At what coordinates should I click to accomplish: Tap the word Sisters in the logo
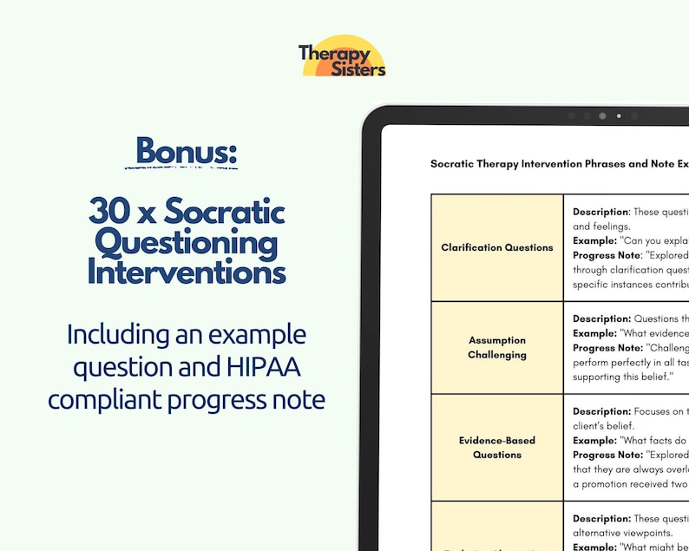(357, 69)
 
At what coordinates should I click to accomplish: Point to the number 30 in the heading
(108, 211)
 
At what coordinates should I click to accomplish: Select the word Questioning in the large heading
(187, 242)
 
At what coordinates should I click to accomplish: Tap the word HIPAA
(263, 366)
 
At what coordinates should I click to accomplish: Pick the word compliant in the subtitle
(103, 400)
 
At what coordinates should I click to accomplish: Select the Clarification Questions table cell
(497, 247)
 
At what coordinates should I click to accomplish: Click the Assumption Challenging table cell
(497, 347)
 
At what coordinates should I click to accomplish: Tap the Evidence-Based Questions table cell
(497, 447)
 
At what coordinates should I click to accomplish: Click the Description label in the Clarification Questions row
(600, 212)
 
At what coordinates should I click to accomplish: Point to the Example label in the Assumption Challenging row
(594, 333)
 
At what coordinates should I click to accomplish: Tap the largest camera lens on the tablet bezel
(602, 115)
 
